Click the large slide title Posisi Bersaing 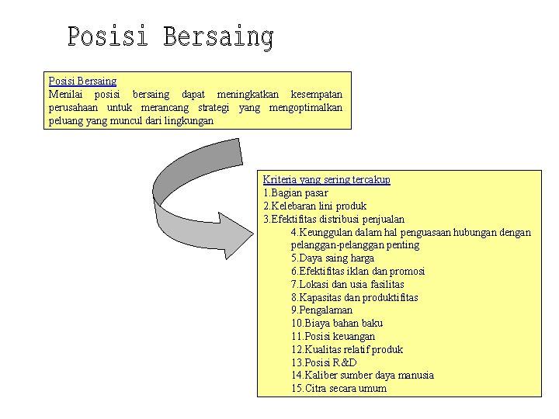pyautogui.click(x=170, y=37)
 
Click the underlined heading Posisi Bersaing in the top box pyautogui.click(x=82, y=81)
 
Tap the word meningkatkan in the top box pyautogui.click(x=246, y=94)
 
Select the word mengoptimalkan pyautogui.click(x=305, y=107)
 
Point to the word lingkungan pyautogui.click(x=189, y=120)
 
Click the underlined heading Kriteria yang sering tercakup pyautogui.click(x=326, y=179)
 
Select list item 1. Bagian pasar pyautogui.click(x=296, y=192)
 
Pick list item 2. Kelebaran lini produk pyautogui.click(x=314, y=206)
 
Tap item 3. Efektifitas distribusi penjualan pyautogui.click(x=334, y=219)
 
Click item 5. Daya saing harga pyautogui.click(x=332, y=258)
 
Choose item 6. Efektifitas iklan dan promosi pyautogui.click(x=358, y=271)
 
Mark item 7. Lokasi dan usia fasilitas pyautogui.click(x=347, y=284)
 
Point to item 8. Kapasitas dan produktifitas pyautogui.click(x=354, y=297)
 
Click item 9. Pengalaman pyautogui.click(x=321, y=310)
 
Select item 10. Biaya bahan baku pyautogui.click(x=337, y=323)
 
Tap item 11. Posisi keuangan pyautogui.click(x=333, y=336)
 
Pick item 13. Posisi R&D pyautogui.click(x=324, y=362)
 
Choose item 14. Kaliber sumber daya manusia pyautogui.click(x=363, y=375)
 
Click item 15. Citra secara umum pyautogui.click(x=339, y=388)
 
